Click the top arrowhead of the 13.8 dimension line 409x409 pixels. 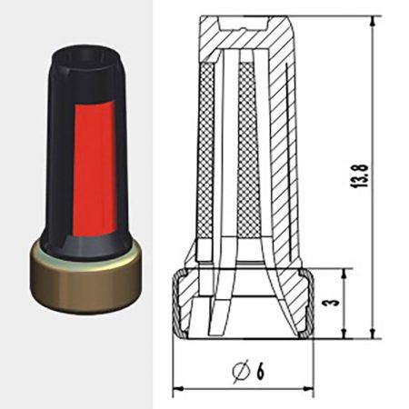(x=374, y=21)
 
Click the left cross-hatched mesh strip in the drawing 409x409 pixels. (x=206, y=155)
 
